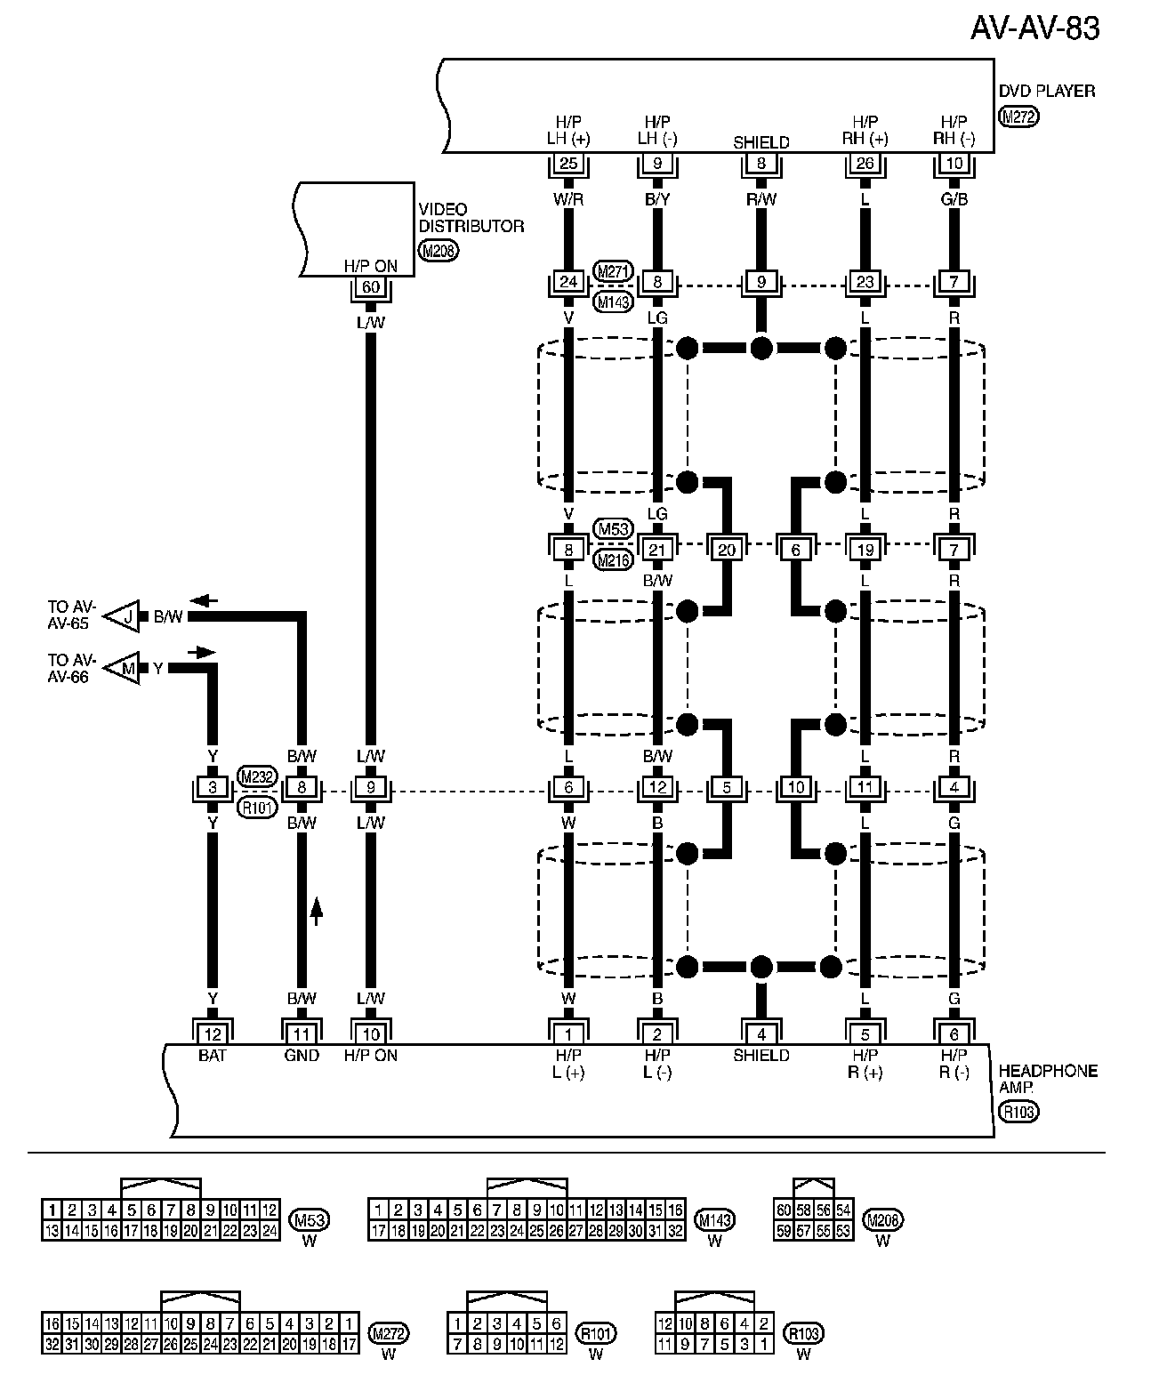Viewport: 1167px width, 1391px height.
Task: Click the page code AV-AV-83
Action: pyautogui.click(x=1034, y=29)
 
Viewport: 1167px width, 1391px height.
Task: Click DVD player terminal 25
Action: pyautogui.click(x=568, y=164)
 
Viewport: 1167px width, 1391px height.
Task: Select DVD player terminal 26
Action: pyautogui.click(x=865, y=164)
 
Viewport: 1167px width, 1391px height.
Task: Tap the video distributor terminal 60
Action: pyautogui.click(x=370, y=287)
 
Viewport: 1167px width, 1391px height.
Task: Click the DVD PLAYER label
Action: pyautogui.click(x=1046, y=91)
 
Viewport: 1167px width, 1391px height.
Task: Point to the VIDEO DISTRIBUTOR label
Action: pyautogui.click(x=471, y=217)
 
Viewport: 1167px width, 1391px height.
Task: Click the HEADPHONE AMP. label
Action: pyautogui.click(x=1047, y=1079)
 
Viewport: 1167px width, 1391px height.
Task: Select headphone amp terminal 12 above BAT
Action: pyautogui.click(x=213, y=1033)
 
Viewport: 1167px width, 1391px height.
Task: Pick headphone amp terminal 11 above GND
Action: pyautogui.click(x=302, y=1033)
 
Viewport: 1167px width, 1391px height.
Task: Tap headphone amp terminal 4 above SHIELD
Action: pyautogui.click(x=761, y=1033)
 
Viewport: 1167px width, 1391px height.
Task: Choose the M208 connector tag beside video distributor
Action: pyautogui.click(x=439, y=252)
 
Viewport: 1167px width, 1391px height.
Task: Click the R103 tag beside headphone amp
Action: pyautogui.click(x=1018, y=1111)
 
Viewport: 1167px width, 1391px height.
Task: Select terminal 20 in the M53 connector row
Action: pyautogui.click(x=726, y=550)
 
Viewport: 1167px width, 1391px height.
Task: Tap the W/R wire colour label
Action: pyautogui.click(x=568, y=199)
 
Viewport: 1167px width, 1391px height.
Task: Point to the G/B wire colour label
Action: pyautogui.click(x=954, y=199)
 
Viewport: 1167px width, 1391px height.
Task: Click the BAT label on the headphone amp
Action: pyautogui.click(x=213, y=1056)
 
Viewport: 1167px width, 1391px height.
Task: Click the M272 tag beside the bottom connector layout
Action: pyautogui.click(x=388, y=1334)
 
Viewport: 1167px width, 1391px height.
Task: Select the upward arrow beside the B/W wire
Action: pyautogui.click(x=316, y=911)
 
